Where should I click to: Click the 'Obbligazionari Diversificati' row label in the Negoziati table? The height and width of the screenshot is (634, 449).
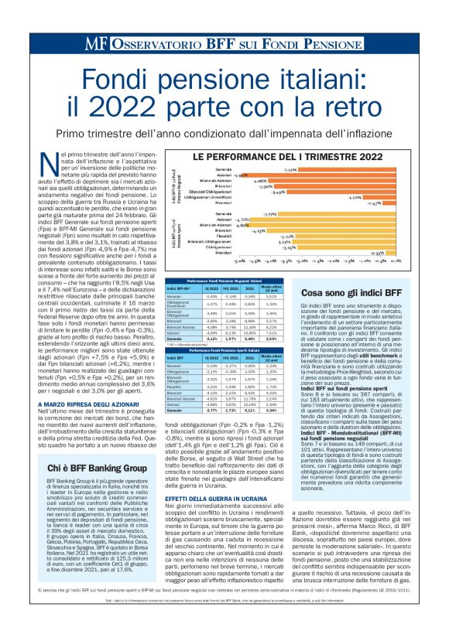coord(181,304)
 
